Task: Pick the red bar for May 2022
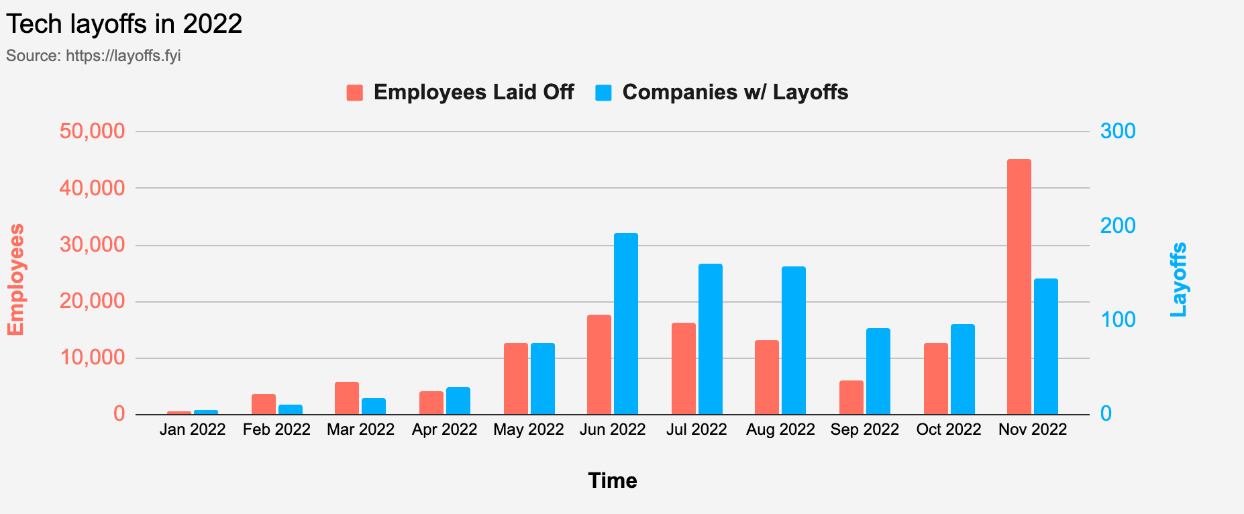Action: tap(516, 379)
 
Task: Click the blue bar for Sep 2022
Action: tap(878, 372)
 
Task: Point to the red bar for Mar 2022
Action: tap(347, 399)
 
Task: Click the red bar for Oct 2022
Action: tap(936, 379)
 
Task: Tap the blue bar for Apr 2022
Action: tap(458, 401)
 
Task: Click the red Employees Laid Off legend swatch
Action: tap(355, 93)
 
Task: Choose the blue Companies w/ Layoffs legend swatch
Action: tap(604, 93)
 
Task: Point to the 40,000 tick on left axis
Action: tap(93, 188)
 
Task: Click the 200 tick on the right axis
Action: tap(1118, 225)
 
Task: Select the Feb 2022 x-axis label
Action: tap(276, 429)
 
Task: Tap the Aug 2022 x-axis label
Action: tap(780, 429)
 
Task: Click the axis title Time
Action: tap(612, 480)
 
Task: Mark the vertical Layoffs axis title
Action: tap(1178, 279)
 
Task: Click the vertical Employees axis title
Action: tap(15, 279)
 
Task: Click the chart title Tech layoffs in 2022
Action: tap(124, 24)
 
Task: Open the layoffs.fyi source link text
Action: tap(123, 56)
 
